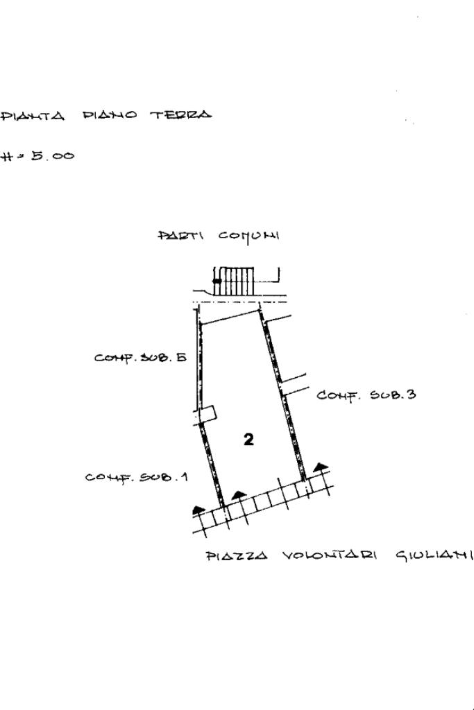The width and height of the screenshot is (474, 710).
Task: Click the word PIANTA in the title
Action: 33,115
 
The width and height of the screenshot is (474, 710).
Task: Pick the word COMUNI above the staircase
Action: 249,236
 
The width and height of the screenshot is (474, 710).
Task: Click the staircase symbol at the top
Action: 235,281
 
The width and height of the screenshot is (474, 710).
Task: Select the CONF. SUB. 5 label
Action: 140,358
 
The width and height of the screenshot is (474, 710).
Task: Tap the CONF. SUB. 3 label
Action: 366,395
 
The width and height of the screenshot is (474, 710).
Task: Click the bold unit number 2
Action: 248,439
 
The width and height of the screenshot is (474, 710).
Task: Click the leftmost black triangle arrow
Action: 199,509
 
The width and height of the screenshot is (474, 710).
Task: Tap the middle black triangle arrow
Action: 239,494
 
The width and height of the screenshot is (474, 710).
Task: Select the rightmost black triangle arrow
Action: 320,467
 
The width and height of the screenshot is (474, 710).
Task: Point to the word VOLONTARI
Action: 329,556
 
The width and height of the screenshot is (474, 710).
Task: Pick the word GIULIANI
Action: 434,555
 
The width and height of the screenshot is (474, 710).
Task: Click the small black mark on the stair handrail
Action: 217,281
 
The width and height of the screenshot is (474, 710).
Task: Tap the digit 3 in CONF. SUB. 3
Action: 411,395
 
